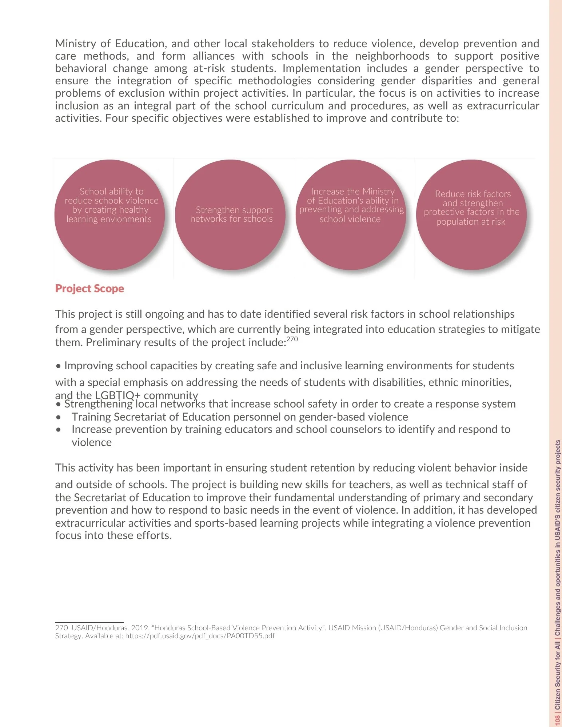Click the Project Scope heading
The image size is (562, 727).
pos(89,289)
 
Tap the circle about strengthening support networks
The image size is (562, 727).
pos(230,215)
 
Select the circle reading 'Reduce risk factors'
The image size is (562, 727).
pos(471,215)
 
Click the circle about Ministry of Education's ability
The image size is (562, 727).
pos(351,215)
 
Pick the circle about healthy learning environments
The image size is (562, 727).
pos(110,215)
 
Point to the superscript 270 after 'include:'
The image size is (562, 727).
pos(292,339)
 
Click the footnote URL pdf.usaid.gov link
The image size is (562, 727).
pos(200,636)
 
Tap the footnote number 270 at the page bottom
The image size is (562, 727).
pos(61,628)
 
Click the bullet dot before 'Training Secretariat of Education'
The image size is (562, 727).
pos(59,417)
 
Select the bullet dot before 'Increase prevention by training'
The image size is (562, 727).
pos(59,430)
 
